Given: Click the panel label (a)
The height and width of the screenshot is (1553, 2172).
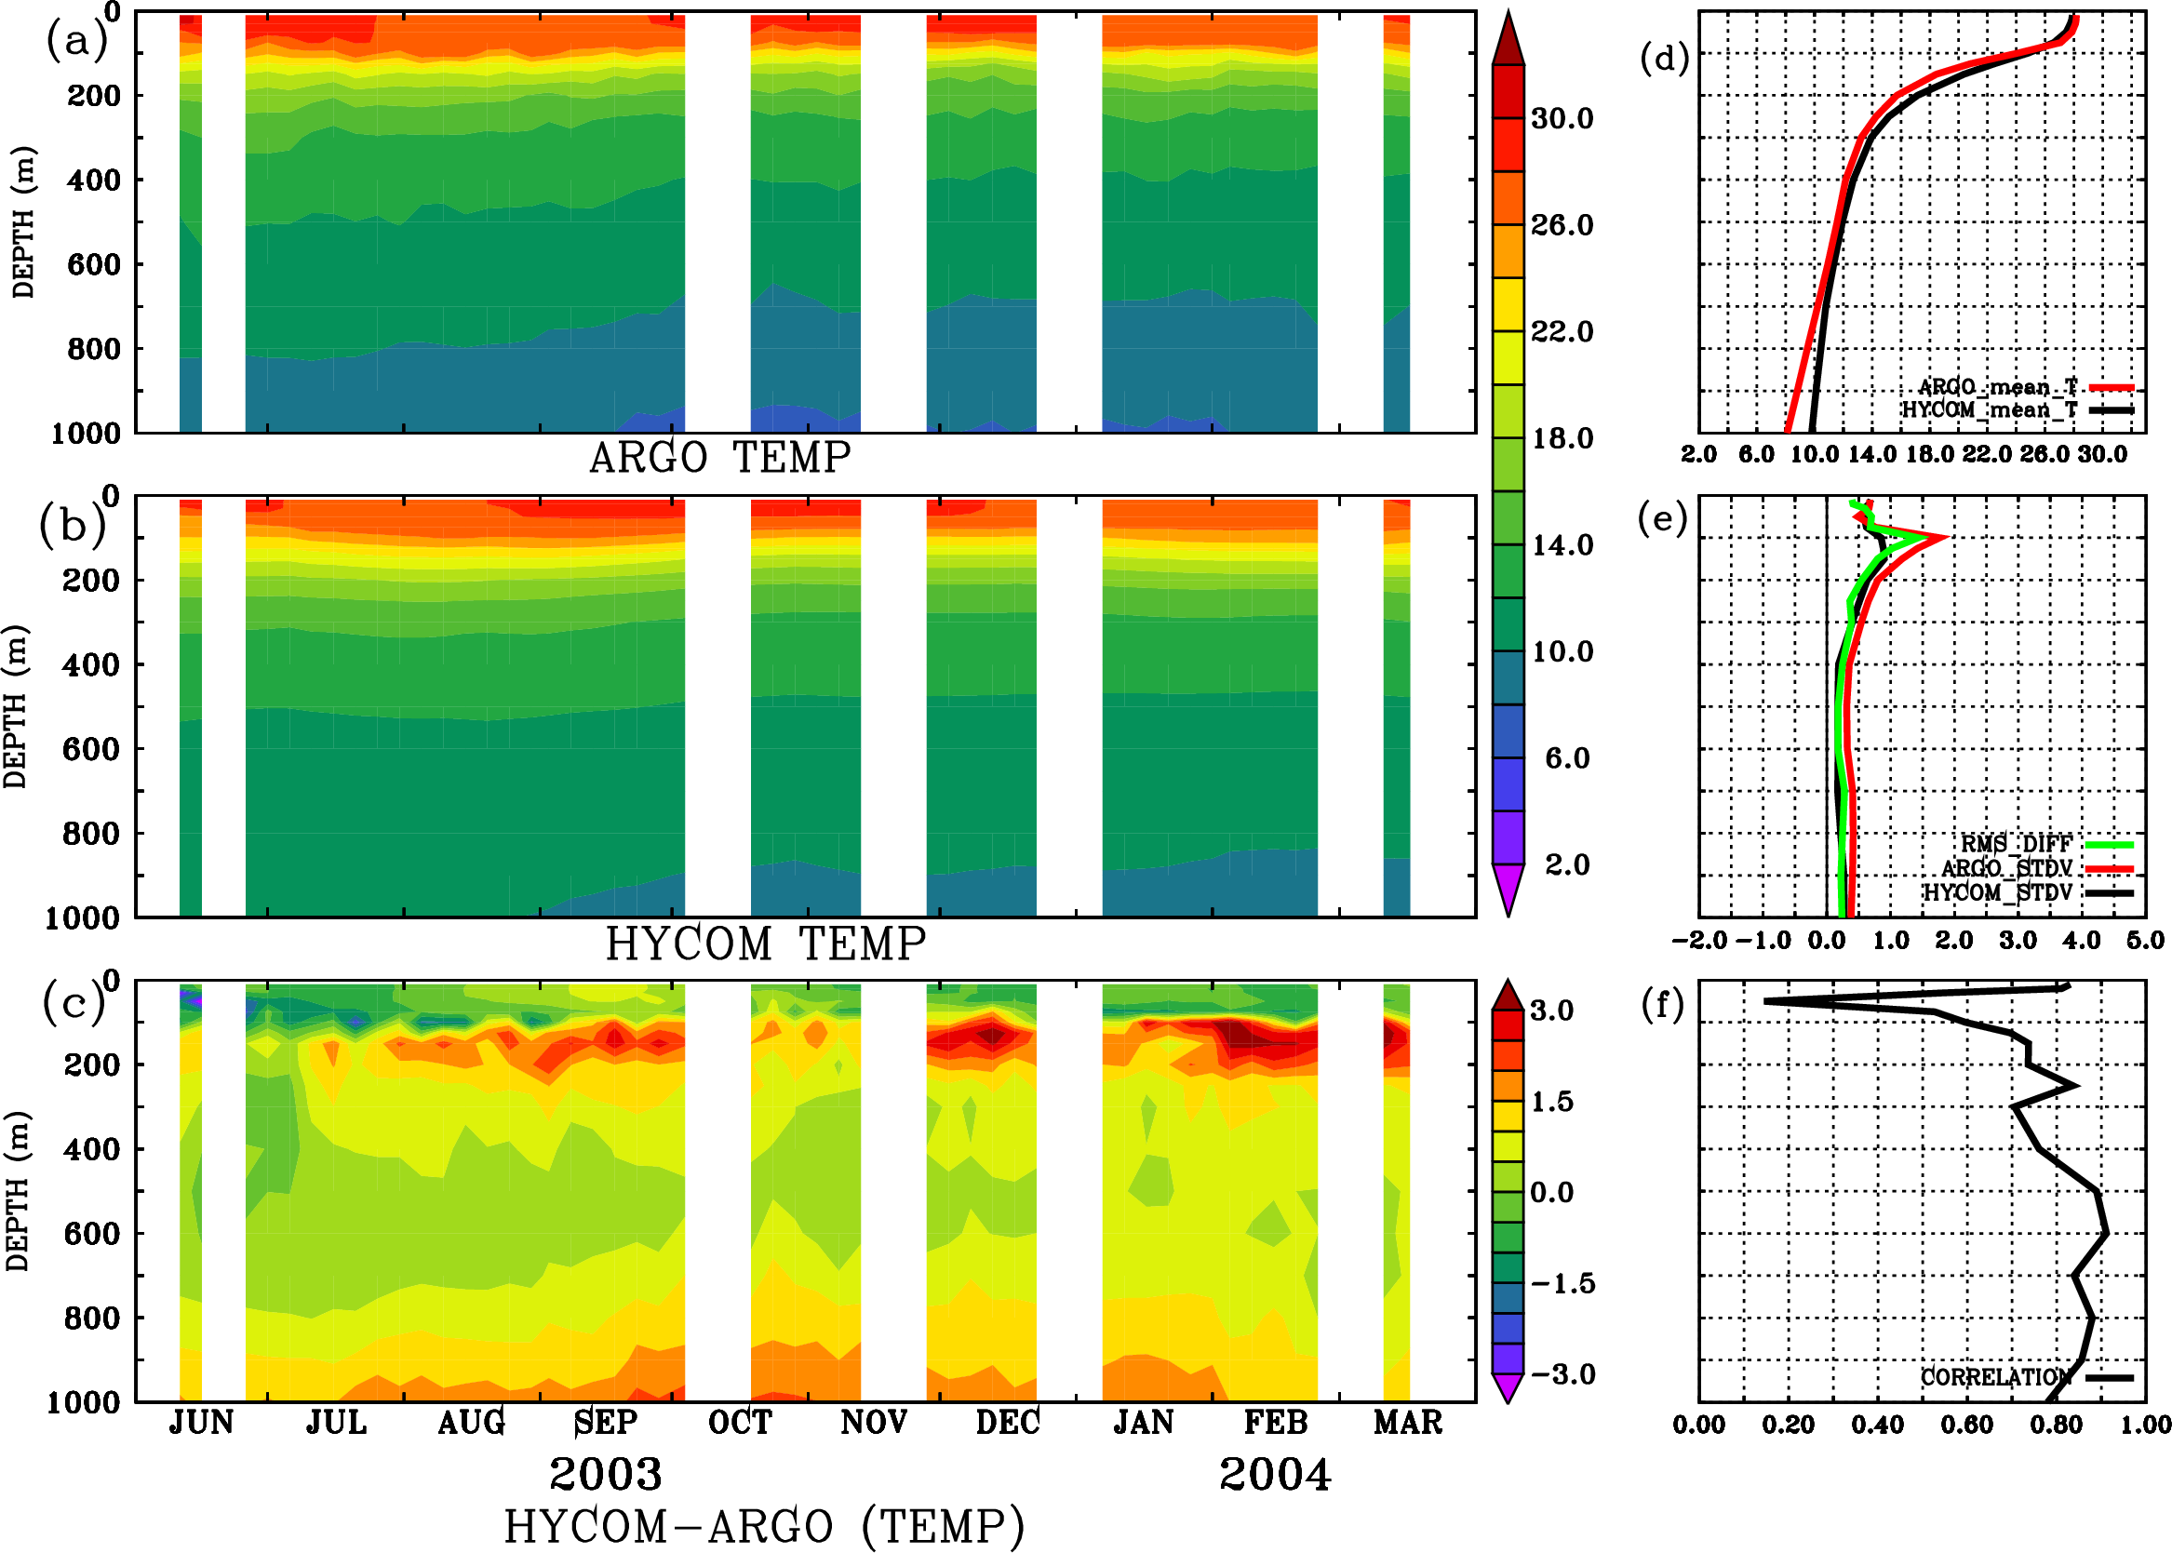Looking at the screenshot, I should (x=76, y=40).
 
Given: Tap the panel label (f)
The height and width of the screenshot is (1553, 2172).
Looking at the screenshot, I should (x=1662, y=1004).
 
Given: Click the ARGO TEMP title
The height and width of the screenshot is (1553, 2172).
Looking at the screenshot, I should (x=720, y=458).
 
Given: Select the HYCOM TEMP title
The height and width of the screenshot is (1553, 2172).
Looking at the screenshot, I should (x=766, y=944).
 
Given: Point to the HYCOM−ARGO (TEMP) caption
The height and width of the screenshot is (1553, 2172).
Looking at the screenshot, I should (x=764, y=1526).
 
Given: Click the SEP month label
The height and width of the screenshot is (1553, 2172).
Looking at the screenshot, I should (x=606, y=1423).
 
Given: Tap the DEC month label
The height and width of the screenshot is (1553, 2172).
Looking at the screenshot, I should (x=1007, y=1423).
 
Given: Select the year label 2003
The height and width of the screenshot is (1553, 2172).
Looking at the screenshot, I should (x=606, y=1475).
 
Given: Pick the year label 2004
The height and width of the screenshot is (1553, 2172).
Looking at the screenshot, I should (x=1275, y=1475).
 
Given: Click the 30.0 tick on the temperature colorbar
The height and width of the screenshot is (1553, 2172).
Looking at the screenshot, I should (x=1562, y=118).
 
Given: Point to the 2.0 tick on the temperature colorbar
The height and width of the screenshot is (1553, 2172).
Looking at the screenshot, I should (x=1567, y=864).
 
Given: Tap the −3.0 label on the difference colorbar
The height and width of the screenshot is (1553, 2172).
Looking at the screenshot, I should (x=1562, y=1374).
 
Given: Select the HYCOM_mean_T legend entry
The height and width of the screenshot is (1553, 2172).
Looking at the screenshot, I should (x=1990, y=410).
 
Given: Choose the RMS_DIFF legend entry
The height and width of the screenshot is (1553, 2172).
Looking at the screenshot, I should (x=2016, y=844).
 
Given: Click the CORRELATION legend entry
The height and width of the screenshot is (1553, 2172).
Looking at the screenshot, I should (x=1995, y=1377).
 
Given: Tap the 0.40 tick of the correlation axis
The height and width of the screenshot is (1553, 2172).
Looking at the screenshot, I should (x=1877, y=1425).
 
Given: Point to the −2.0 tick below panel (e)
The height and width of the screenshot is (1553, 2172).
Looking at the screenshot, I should (x=1698, y=940).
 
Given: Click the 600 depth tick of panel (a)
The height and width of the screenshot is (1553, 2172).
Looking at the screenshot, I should (x=94, y=265).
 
